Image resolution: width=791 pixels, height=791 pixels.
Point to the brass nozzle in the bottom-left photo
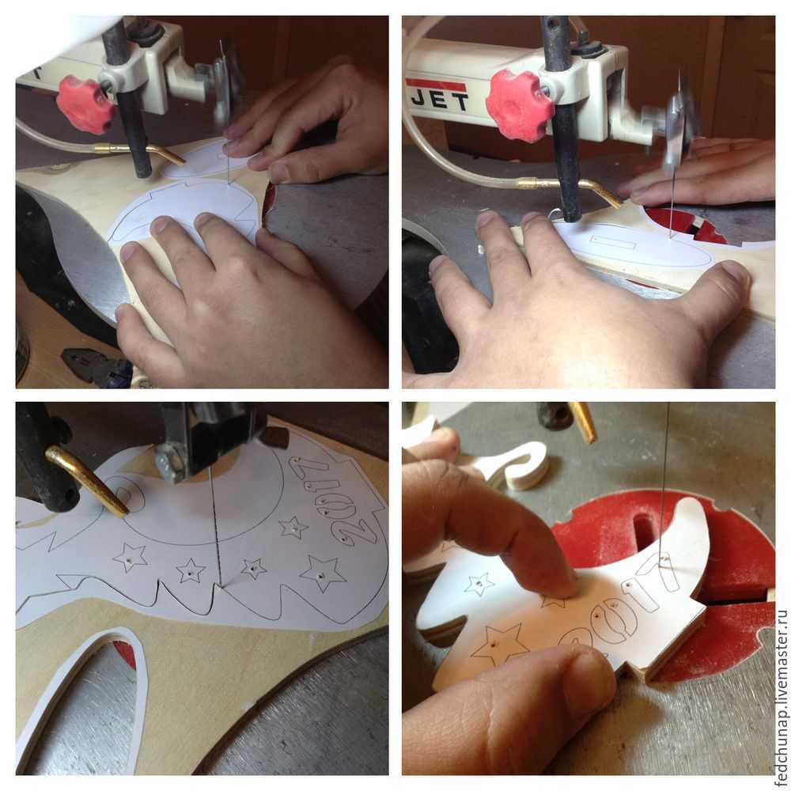click(x=89, y=481)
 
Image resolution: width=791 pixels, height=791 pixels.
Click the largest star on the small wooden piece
click(x=497, y=642)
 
